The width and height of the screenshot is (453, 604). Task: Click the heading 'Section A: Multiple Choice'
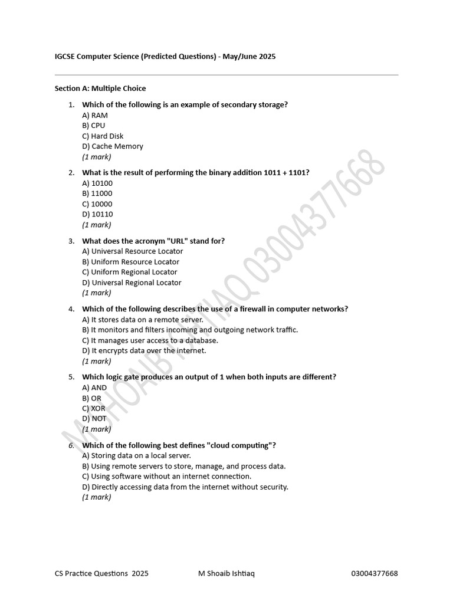pyautogui.click(x=100, y=88)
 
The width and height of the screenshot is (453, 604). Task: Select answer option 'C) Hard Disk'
pyautogui.click(x=103, y=136)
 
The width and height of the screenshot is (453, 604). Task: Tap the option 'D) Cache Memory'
pyautogui.click(x=113, y=146)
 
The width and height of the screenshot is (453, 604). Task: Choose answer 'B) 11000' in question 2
pyautogui.click(x=97, y=193)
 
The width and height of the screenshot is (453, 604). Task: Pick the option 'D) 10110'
pyautogui.click(x=97, y=214)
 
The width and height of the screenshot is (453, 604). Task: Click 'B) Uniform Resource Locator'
pyautogui.click(x=130, y=262)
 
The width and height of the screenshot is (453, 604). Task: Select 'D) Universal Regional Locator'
pyautogui.click(x=132, y=283)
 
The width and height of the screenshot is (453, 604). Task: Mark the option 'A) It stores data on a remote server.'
pyautogui.click(x=143, y=320)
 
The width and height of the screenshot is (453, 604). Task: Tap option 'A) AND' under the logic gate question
pyautogui.click(x=94, y=388)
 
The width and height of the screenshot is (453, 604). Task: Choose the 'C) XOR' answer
pyautogui.click(x=94, y=408)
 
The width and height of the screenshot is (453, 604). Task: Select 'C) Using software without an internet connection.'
pyautogui.click(x=167, y=476)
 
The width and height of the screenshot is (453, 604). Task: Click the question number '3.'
pyautogui.click(x=71, y=241)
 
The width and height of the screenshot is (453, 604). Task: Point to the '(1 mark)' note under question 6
pyautogui.click(x=97, y=497)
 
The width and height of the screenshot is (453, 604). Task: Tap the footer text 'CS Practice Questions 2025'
pyautogui.click(x=101, y=573)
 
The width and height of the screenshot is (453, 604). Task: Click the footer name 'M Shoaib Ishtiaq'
pyautogui.click(x=226, y=573)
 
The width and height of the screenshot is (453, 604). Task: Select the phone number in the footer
pyautogui.click(x=375, y=573)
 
